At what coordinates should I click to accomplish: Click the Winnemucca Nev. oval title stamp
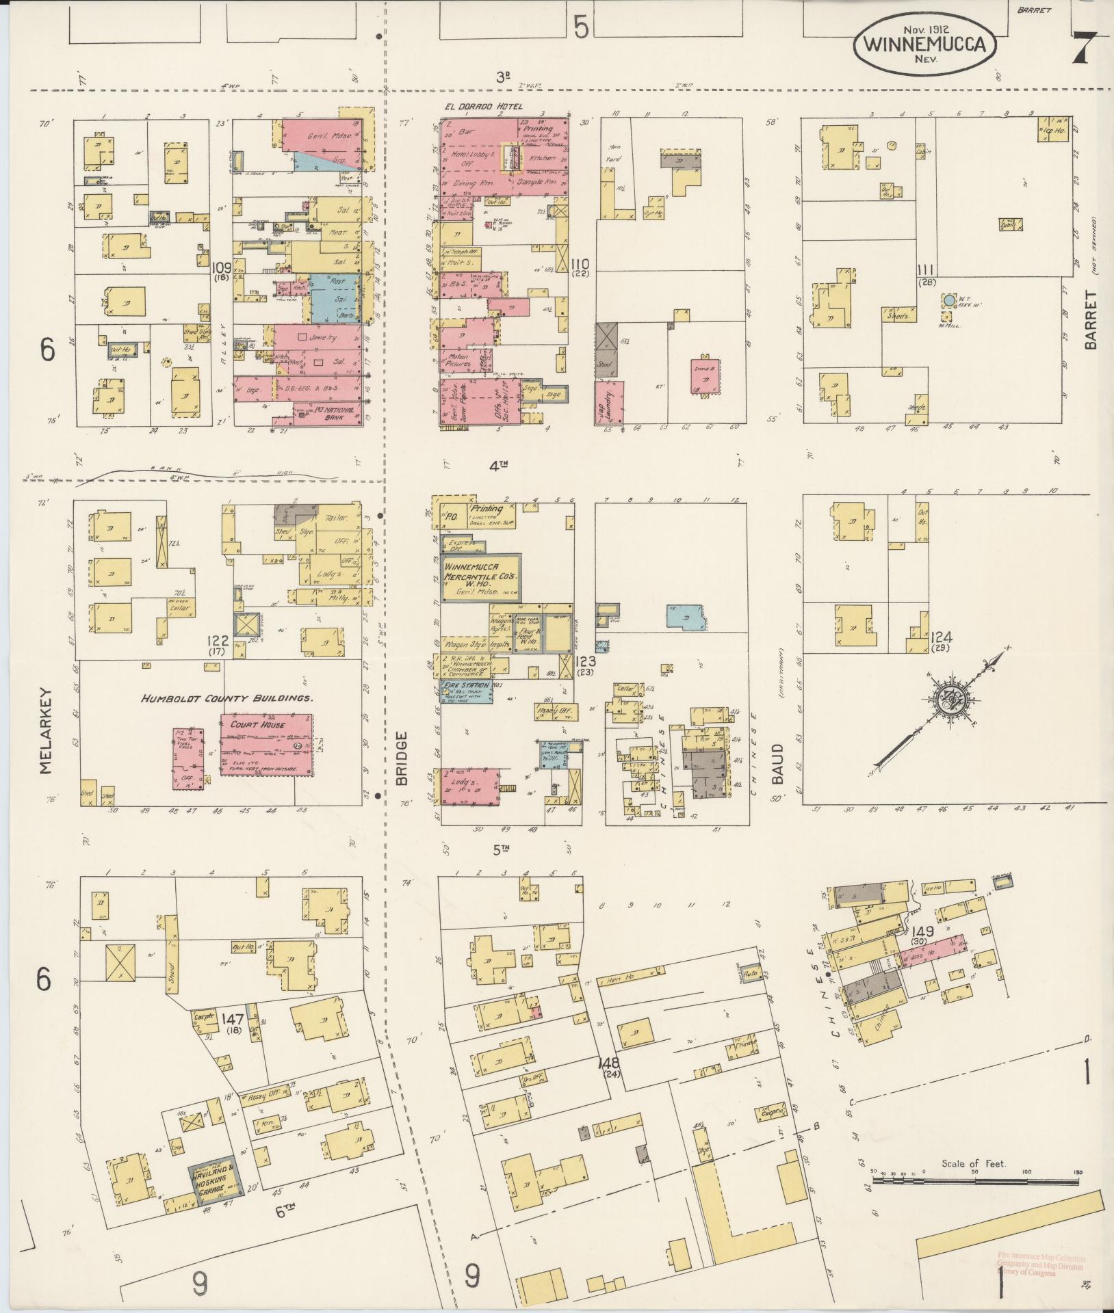click(924, 43)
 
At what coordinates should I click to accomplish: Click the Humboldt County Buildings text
click(227, 698)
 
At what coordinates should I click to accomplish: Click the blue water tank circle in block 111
click(948, 300)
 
